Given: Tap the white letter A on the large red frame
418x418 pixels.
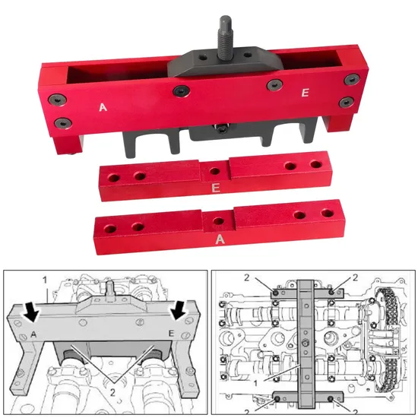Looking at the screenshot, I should point(103,107).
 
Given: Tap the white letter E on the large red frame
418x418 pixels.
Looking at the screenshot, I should point(305,93).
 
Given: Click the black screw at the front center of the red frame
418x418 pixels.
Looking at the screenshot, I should point(181,91).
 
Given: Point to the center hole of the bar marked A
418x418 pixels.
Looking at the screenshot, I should point(219,220).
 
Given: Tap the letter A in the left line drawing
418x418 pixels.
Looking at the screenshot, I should point(35,333).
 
